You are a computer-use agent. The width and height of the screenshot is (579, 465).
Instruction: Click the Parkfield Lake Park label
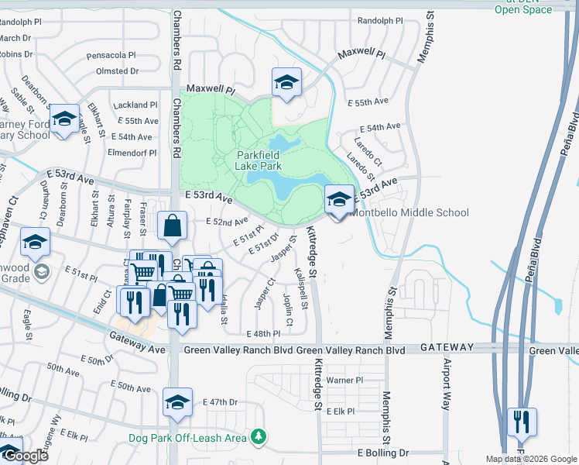[x=258, y=160]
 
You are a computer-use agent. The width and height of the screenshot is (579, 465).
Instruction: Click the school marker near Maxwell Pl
[x=286, y=83]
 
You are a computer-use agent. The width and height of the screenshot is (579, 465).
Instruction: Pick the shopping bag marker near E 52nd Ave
[x=172, y=227]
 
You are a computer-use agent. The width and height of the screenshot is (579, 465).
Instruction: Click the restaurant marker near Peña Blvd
[x=521, y=423]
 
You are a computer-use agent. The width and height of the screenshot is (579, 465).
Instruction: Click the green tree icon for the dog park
[x=259, y=438]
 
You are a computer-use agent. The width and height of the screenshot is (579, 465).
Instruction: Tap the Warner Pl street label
[x=344, y=381]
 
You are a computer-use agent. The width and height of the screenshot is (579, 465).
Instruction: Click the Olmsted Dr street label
[x=117, y=71]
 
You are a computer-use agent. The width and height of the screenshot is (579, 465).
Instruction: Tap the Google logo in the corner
[x=25, y=456]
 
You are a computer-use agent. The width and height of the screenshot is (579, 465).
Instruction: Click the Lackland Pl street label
[x=135, y=105]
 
